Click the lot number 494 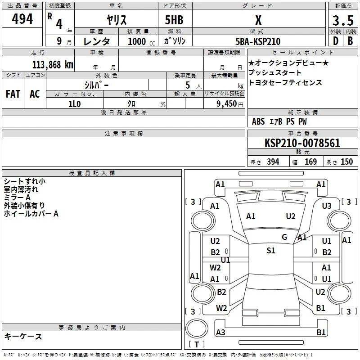(x=22, y=18)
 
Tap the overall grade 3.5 (x=343, y=20)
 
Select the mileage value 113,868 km (x=53, y=64)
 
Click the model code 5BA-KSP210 (x=258, y=41)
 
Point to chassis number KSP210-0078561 (x=302, y=143)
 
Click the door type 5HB (x=174, y=20)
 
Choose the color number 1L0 (x=74, y=104)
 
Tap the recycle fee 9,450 (x=227, y=104)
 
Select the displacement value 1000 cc (x=141, y=41)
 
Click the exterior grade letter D (x=336, y=41)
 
